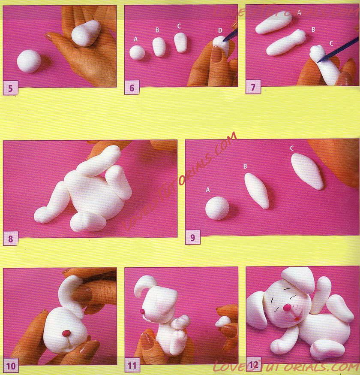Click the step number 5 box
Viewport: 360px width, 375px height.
[x=10, y=88]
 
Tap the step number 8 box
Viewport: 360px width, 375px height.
[x=10, y=238]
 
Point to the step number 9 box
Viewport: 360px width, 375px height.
[x=192, y=237]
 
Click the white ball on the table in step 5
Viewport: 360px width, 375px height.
[x=29, y=61]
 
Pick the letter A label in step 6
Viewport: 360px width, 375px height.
[x=136, y=39]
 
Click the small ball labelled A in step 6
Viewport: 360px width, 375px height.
[x=137, y=53]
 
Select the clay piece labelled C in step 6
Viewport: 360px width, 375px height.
[x=181, y=42]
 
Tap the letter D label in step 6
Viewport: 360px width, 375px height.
[x=220, y=30]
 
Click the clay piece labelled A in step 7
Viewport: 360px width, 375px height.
[x=273, y=24]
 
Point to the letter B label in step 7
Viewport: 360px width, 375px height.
[x=313, y=30]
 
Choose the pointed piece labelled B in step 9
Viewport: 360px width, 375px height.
[x=257, y=191]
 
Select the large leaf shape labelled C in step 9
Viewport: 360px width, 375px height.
[x=307, y=171]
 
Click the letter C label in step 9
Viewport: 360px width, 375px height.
[x=292, y=148]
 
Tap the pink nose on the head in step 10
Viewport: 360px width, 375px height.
[x=66, y=333]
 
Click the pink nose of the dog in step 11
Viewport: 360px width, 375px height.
[x=142, y=311]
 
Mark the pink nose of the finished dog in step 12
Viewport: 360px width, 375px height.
[x=287, y=307]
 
